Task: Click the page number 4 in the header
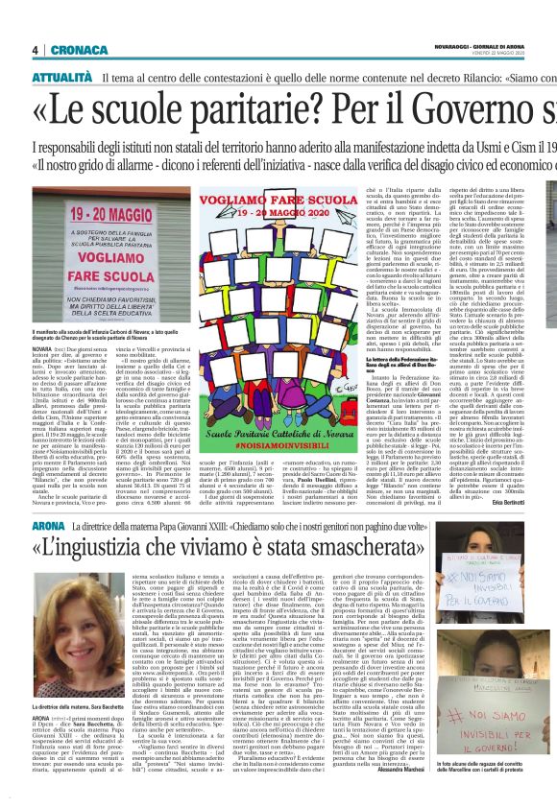[x=35, y=50]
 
